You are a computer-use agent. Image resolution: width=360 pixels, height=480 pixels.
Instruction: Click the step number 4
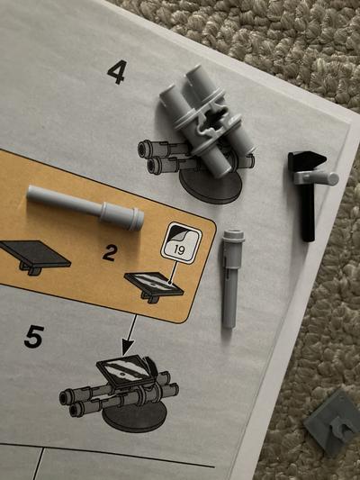(117, 72)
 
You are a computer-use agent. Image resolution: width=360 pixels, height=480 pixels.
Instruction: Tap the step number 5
(34, 337)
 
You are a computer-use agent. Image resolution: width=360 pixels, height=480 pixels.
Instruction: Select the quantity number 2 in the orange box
(110, 253)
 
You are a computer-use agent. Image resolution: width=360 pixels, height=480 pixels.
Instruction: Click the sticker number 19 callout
(181, 243)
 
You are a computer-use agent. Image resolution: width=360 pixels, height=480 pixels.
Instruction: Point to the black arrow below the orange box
(130, 335)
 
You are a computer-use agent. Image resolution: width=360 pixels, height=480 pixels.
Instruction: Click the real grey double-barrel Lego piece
(207, 121)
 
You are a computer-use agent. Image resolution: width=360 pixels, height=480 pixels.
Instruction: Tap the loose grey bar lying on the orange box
(85, 207)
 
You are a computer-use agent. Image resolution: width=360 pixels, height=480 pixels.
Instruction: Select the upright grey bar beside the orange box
(232, 278)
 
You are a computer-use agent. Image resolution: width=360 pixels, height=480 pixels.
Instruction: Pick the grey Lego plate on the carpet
(332, 423)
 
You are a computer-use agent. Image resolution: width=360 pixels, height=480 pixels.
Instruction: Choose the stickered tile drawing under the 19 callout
(154, 286)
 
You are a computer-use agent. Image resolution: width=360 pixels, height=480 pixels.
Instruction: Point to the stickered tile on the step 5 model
(125, 371)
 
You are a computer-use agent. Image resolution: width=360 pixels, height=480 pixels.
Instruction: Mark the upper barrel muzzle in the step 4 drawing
(143, 149)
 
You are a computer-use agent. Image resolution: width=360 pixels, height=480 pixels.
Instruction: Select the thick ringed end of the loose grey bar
(123, 215)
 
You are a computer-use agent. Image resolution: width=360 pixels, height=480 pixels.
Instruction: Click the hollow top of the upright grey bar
(234, 234)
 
